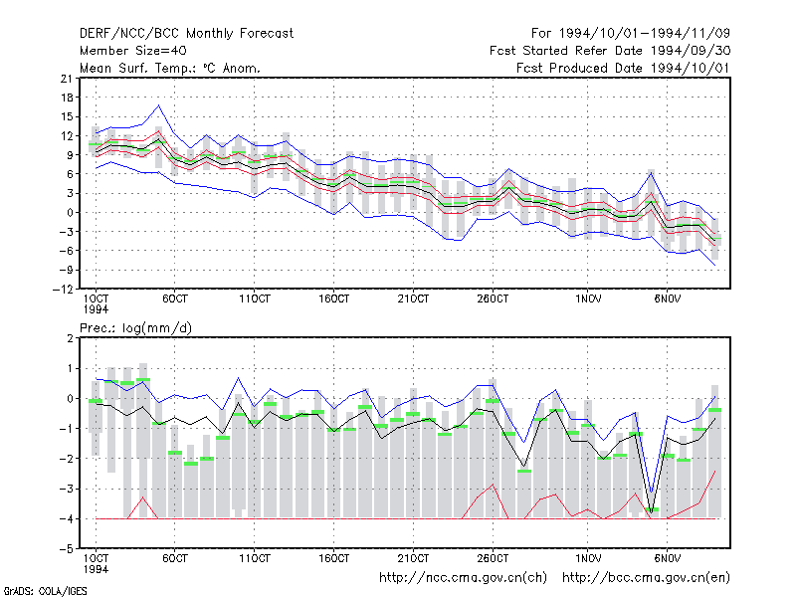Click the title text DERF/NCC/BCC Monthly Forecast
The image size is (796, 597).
tap(186, 34)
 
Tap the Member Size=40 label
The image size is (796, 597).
tap(133, 51)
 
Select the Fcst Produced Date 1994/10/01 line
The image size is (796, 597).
tap(624, 68)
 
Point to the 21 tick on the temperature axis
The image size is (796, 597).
tap(67, 79)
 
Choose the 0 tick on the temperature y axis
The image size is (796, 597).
tap(70, 212)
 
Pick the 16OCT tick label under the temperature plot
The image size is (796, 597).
tap(334, 298)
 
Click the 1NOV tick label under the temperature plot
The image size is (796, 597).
tap(588, 298)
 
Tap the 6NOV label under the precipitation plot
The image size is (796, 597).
tap(667, 558)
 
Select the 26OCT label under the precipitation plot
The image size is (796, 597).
tap(493, 558)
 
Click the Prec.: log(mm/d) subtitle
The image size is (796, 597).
tap(135, 328)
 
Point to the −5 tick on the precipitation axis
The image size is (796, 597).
tap(67, 549)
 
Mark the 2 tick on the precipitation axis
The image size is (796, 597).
tap(70, 338)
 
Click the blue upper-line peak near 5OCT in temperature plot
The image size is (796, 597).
tap(159, 105)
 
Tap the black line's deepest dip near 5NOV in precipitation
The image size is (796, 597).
tap(652, 511)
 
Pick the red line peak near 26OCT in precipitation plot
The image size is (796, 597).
tap(492, 485)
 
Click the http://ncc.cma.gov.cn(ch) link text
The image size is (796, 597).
tap(463, 578)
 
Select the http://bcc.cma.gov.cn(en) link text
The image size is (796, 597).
tap(646, 578)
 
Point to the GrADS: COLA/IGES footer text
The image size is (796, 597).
tap(45, 591)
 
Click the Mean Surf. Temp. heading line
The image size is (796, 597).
tap(169, 68)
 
